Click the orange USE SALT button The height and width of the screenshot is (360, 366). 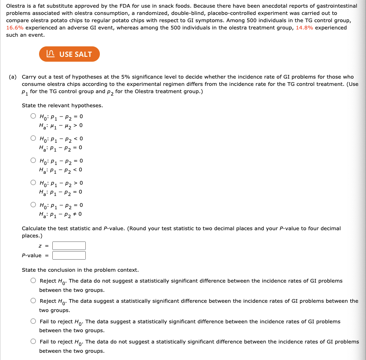(69, 54)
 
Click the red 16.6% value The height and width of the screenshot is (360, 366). (15, 28)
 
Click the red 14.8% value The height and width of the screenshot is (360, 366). (304, 28)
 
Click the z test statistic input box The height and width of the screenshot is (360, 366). (69, 246)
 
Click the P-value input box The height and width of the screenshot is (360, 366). (69, 255)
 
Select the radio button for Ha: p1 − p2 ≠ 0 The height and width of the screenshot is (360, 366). (33, 205)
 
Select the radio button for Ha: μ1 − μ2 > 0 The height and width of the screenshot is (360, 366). (33, 117)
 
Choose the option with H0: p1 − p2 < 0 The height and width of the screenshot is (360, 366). (33, 138)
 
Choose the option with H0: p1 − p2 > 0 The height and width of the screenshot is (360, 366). (33, 183)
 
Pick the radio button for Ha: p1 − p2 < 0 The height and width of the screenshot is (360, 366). (33, 161)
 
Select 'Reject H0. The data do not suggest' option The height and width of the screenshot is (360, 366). (33, 281)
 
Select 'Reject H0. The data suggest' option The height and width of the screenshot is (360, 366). (33, 301)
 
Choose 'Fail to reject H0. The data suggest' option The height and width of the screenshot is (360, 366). (33, 321)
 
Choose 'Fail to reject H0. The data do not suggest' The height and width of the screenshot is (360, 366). (33, 341)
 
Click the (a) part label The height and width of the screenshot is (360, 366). (13, 77)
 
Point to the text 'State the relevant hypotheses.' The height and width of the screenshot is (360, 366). (62, 106)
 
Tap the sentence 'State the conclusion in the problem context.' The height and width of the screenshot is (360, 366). (80, 270)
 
